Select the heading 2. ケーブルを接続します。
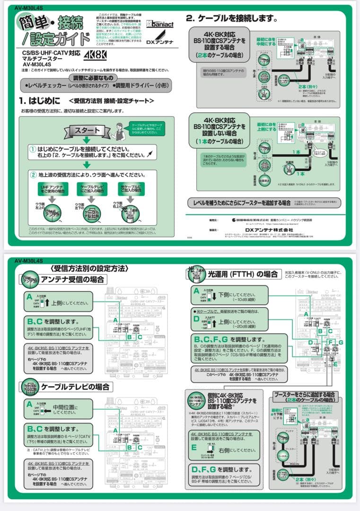click(231, 18)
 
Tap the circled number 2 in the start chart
click(33, 175)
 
